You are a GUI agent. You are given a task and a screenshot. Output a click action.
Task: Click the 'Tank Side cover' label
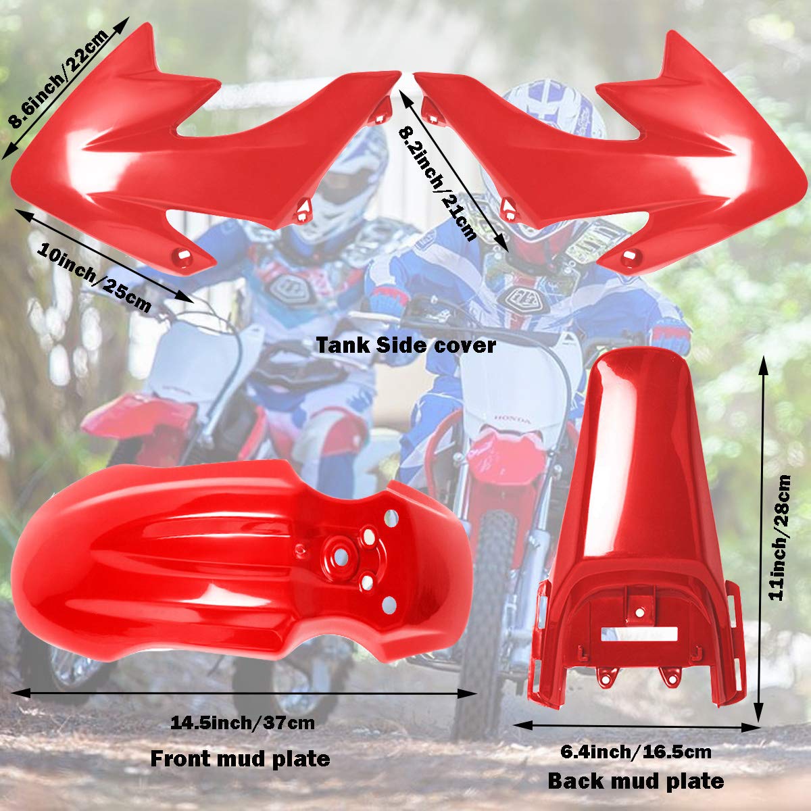pos(407,345)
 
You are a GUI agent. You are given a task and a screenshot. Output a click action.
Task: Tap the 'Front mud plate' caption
pos(240,759)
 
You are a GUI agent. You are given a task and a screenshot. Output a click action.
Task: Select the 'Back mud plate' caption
pos(635,782)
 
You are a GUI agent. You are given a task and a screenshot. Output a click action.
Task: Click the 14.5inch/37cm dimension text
pos(243,723)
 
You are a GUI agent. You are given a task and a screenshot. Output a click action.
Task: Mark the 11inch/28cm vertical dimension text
pos(783,538)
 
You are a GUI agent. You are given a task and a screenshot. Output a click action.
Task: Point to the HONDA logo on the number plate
pos(515,420)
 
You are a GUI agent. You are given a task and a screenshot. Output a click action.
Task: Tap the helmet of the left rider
pos(351,176)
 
